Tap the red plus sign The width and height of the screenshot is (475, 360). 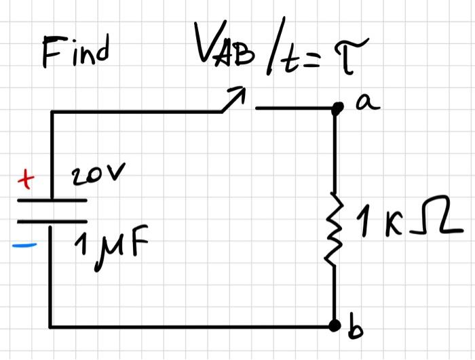click(x=25, y=181)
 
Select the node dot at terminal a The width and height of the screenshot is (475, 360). click(x=335, y=108)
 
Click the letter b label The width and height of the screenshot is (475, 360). click(x=354, y=330)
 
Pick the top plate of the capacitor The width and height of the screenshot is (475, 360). click(x=52, y=201)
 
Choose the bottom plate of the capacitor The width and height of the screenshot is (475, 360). click(x=52, y=222)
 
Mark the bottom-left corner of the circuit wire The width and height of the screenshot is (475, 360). click(x=52, y=326)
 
